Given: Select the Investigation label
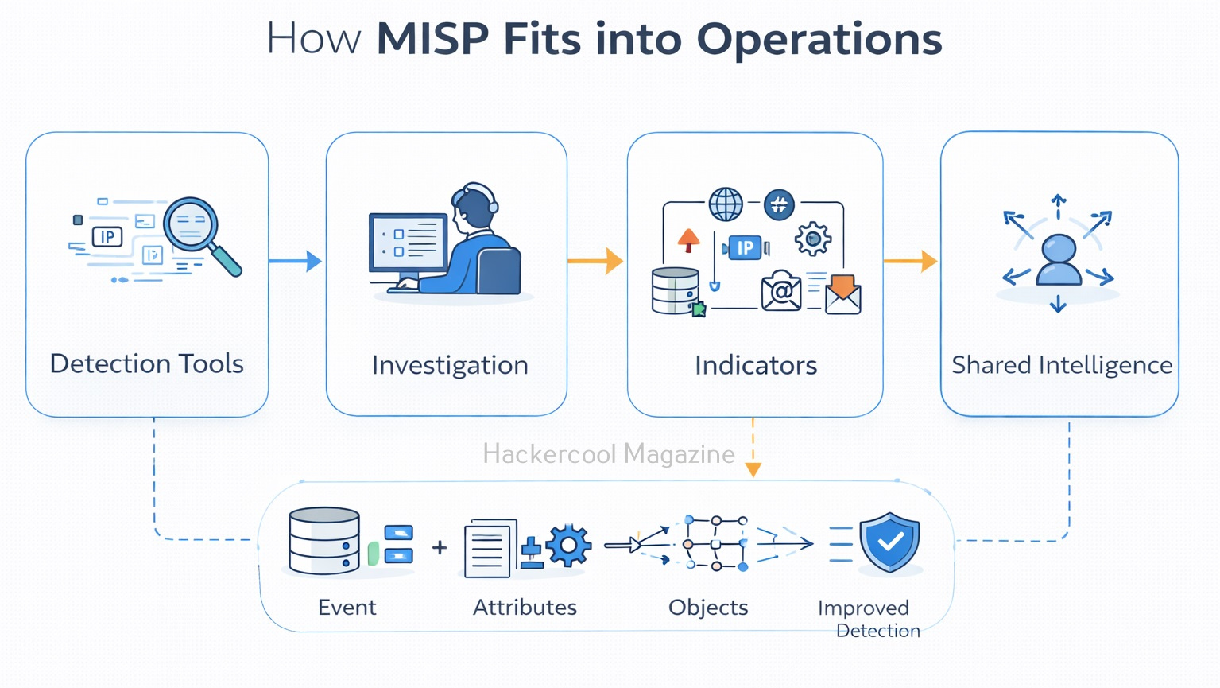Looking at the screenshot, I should click(x=450, y=365).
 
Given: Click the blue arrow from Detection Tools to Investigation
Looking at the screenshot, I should click(x=296, y=261).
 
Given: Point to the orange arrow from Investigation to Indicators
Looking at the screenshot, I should click(x=596, y=261).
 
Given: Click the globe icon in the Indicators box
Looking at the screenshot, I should click(x=726, y=204).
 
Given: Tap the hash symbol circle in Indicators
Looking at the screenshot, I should click(x=779, y=204).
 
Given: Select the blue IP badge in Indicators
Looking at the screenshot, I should click(x=745, y=248).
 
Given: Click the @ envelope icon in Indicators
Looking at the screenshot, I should click(x=781, y=291).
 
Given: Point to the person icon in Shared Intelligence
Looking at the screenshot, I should click(x=1059, y=259).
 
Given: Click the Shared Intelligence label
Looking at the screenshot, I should click(x=1062, y=365).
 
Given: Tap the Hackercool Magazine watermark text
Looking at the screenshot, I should click(x=608, y=454).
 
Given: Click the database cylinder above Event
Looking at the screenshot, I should click(x=324, y=541).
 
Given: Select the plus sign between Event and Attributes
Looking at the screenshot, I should click(x=440, y=547).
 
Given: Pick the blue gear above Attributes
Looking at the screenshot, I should click(x=567, y=545).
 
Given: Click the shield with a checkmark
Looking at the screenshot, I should click(x=890, y=542).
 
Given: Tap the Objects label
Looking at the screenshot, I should click(x=708, y=608).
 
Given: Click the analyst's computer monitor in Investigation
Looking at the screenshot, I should click(x=409, y=243).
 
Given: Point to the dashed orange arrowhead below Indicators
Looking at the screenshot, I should click(x=753, y=469).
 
